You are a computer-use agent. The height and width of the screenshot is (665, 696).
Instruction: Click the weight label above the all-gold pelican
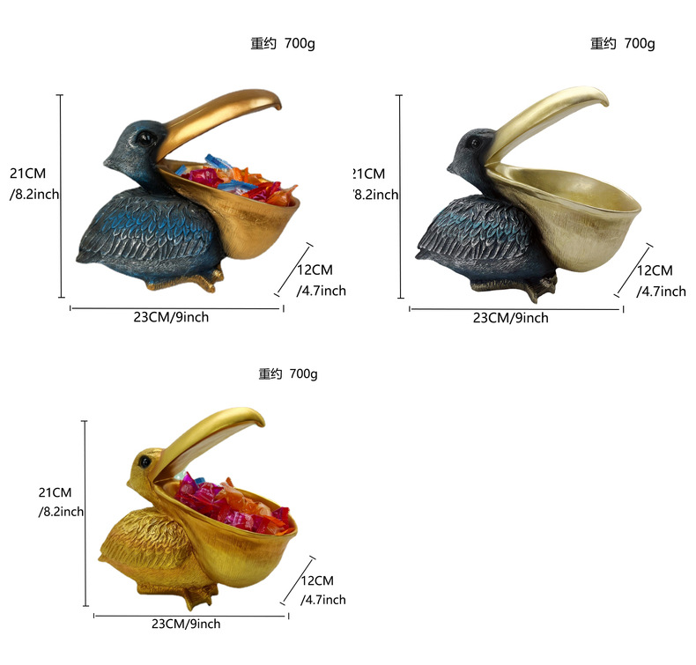(x=288, y=374)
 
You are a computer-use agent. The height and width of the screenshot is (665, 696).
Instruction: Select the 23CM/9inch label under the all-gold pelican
(x=186, y=624)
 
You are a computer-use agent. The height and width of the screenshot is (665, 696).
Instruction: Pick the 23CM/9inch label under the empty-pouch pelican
(x=511, y=318)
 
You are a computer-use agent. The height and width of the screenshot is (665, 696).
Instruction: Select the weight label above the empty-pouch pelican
(x=623, y=43)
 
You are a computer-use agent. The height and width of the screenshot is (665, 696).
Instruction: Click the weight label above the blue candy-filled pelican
(x=283, y=44)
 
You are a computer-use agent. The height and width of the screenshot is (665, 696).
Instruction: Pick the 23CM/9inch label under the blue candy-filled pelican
(x=172, y=317)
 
